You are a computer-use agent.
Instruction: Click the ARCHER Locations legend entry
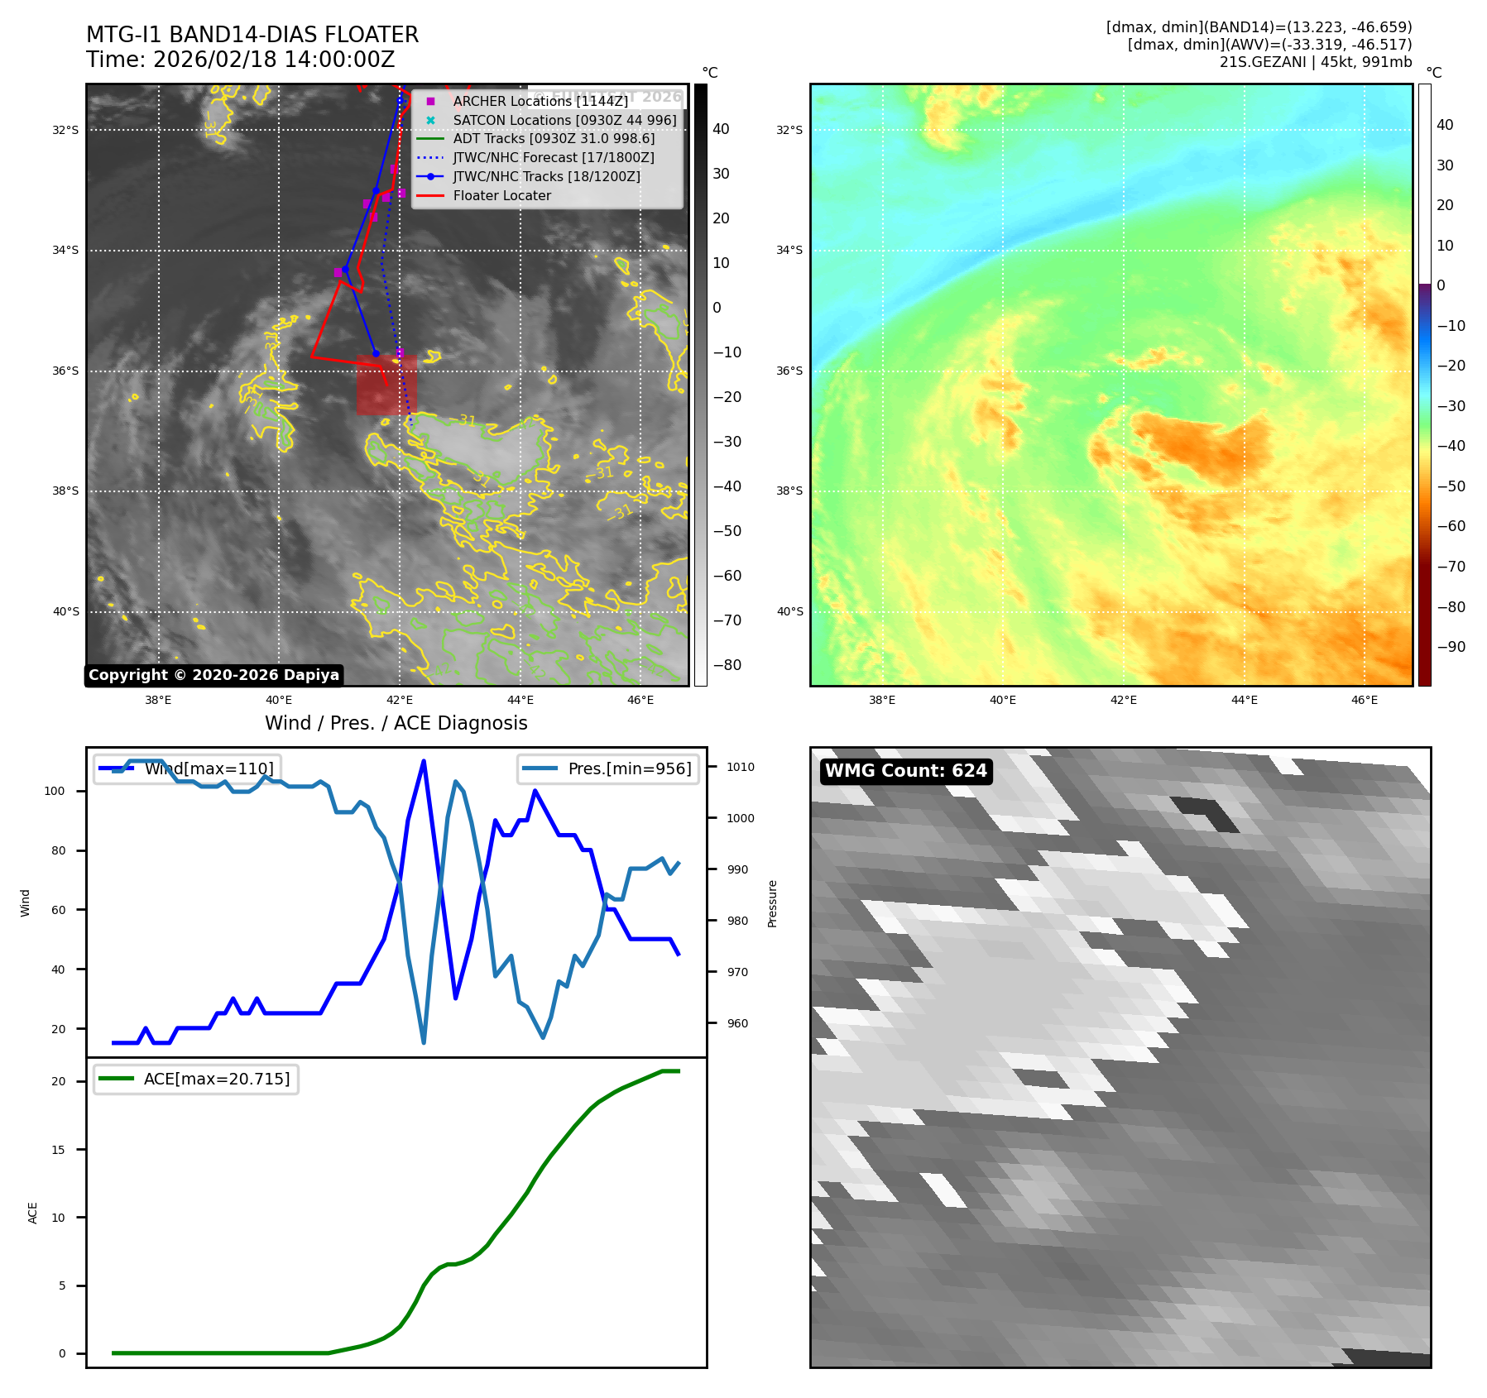[540, 101]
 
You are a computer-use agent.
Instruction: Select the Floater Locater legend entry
[501, 195]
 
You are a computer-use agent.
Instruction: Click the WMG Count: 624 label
[905, 771]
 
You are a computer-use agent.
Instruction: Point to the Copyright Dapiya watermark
[213, 675]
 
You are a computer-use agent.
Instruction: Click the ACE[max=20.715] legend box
[196, 1079]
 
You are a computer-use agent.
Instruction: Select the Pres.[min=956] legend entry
[608, 768]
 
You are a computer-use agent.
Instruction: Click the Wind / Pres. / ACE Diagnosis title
[396, 723]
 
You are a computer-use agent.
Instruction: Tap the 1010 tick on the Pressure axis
[740, 767]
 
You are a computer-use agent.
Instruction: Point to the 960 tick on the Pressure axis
[736, 1023]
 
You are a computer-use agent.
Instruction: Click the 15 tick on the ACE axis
[58, 1150]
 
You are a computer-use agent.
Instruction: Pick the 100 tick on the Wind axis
[55, 791]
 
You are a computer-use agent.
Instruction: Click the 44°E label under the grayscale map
[520, 700]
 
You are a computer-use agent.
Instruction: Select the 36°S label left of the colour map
[789, 371]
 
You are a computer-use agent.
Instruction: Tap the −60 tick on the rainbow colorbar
[1451, 526]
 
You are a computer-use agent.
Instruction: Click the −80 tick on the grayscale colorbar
[727, 665]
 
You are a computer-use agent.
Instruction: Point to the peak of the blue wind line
[424, 761]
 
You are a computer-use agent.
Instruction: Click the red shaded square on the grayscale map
[386, 385]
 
